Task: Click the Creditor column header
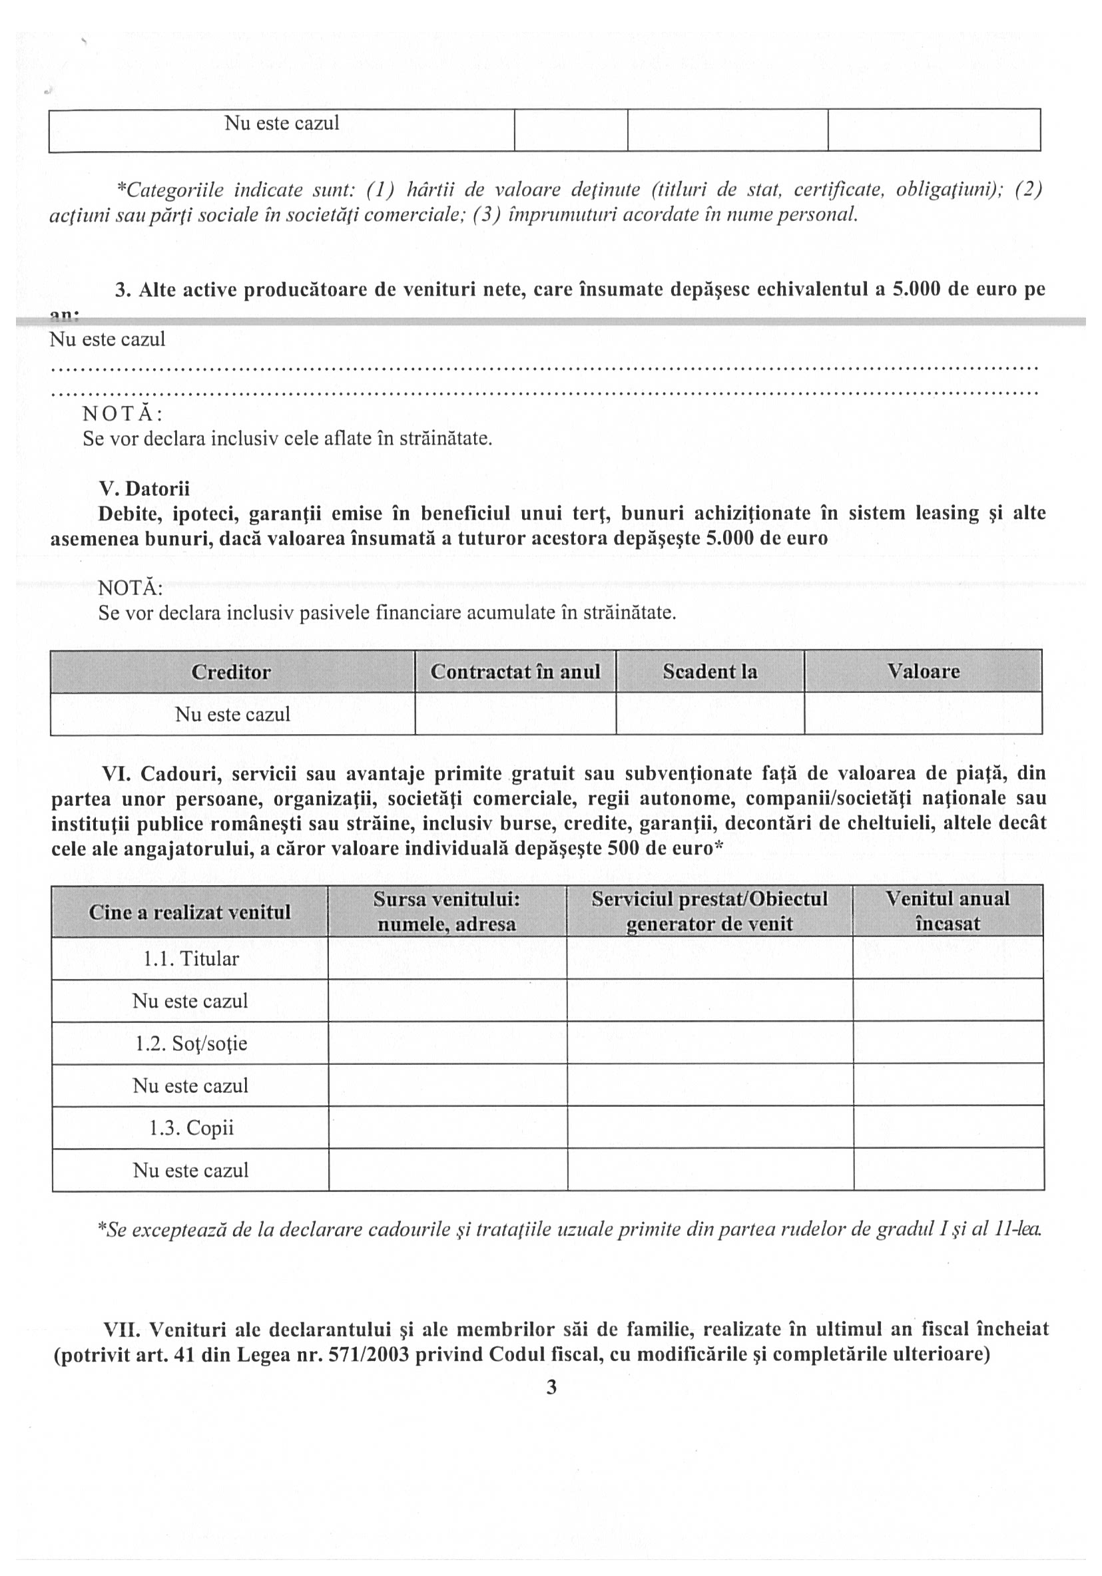[x=231, y=672]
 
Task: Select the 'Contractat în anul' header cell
[x=515, y=672]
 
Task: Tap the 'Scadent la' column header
[x=710, y=672]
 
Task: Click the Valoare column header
[x=923, y=672]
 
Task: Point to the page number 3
[x=551, y=1387]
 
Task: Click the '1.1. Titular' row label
[x=190, y=958]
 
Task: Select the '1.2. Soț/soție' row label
[x=190, y=1044]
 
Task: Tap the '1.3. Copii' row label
[x=191, y=1128]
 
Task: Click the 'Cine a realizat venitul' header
[x=190, y=912]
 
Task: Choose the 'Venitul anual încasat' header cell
[x=948, y=911]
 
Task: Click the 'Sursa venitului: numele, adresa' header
[x=447, y=911]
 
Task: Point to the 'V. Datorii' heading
[x=144, y=489]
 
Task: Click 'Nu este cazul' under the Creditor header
[x=232, y=714]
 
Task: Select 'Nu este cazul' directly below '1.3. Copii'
[x=190, y=1170]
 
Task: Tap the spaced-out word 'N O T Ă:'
[x=123, y=414]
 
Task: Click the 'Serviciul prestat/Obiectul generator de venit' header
[x=709, y=911]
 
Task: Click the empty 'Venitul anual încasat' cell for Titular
[x=948, y=958]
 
